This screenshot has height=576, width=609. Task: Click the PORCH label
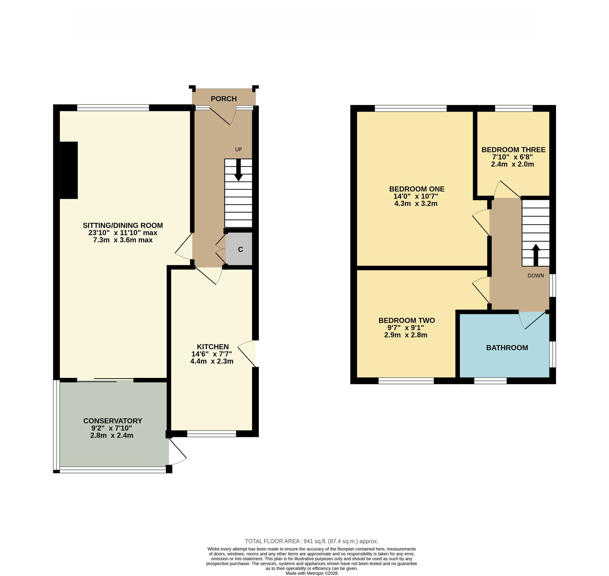pos(224,99)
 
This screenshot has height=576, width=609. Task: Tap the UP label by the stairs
pos(239,150)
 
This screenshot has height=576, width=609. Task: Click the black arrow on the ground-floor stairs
pos(239,170)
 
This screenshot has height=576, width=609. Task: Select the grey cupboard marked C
pos(239,249)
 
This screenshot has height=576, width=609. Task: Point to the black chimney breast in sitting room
pos(69,170)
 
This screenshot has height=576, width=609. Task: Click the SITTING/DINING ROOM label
pos(123,226)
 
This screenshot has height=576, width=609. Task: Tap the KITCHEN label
pos(213,347)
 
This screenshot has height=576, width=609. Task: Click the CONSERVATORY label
pos(113,421)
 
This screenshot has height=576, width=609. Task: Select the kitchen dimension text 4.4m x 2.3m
pos(212,361)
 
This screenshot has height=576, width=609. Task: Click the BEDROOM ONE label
pos(417,189)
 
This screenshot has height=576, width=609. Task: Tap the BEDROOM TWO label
pos(407,321)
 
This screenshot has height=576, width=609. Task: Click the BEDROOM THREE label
pos(513,150)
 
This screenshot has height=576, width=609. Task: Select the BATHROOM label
pos(507,348)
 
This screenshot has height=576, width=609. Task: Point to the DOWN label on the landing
pos(536,275)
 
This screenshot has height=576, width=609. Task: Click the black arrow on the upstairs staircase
pos(536,255)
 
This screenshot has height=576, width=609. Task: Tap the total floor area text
pos(311,541)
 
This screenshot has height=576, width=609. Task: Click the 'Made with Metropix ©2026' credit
pos(311,573)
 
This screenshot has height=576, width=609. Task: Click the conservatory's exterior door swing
pos(178,452)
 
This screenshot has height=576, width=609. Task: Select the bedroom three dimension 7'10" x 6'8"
pos(512,157)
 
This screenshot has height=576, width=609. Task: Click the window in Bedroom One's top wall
pos(410,108)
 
